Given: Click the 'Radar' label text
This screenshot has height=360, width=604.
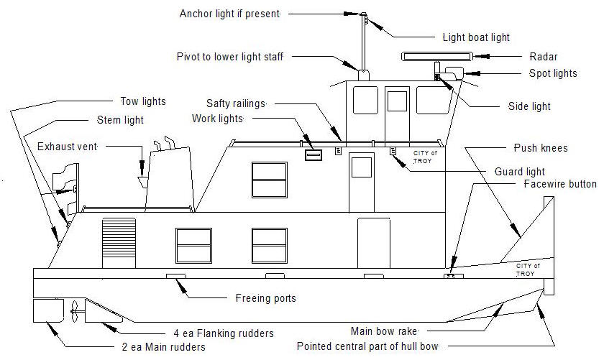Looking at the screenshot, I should click(544, 57).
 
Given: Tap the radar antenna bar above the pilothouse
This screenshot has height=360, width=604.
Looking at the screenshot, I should click(430, 56).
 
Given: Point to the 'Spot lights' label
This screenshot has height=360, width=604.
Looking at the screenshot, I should click(553, 73).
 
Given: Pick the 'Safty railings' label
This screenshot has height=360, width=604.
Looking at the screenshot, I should click(236, 103).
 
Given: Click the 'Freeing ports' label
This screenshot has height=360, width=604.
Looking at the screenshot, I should click(265, 298).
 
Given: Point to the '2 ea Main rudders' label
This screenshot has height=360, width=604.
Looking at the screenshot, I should click(164, 347).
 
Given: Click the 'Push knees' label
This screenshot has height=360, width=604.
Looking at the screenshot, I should click(541, 148).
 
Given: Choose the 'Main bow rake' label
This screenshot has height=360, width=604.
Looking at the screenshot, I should click(384, 331).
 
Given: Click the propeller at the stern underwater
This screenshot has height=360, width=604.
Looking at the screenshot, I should click(74, 311).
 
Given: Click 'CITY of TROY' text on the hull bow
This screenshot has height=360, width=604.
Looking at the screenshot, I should click(528, 270).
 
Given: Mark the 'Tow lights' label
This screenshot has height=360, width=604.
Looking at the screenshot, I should click(142, 101).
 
